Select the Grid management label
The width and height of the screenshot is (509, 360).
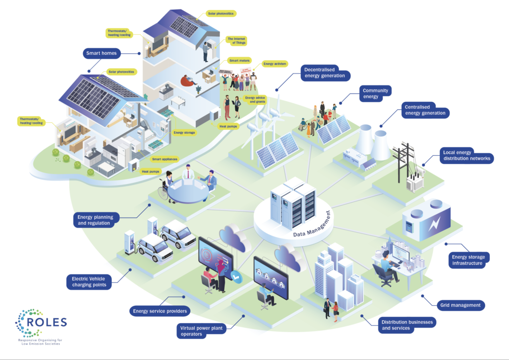pos(460,305)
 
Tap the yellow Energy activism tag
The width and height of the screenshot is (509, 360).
pos(274,64)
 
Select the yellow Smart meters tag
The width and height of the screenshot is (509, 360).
pos(239,61)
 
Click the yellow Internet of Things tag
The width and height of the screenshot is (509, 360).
pos(238,40)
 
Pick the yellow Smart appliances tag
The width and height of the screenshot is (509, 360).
pos(166,159)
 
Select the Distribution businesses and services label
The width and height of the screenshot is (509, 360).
pos(407,325)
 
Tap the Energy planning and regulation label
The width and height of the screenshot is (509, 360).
pos(96,220)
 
